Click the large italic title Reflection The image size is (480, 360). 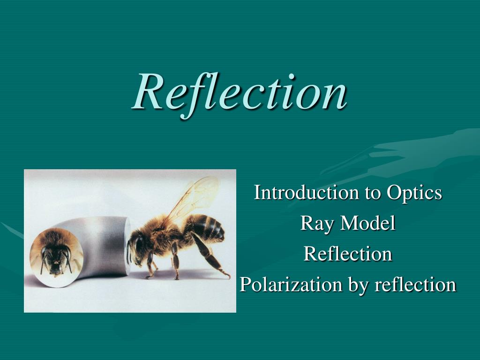pos(240,93)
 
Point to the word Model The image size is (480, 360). pos(368,223)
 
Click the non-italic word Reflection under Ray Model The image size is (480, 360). pos(348,254)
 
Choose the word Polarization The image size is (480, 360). pos(291,285)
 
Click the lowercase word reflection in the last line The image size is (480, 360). pos(416,285)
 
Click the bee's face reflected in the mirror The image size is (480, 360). pos(56,254)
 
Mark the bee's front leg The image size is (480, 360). pos(150,265)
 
